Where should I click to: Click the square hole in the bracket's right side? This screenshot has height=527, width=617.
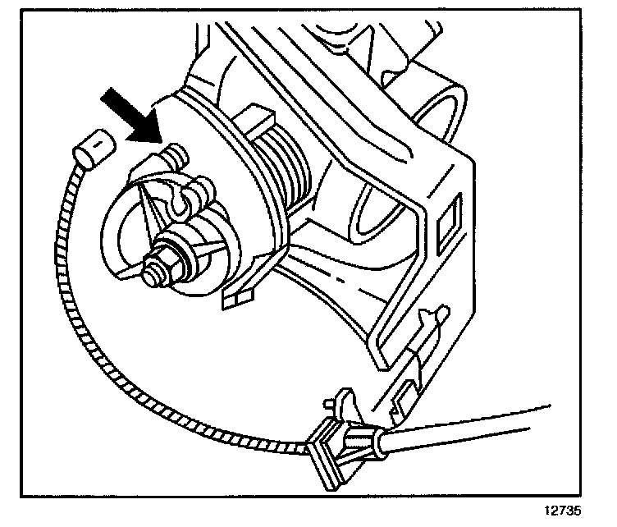pos(450,222)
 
